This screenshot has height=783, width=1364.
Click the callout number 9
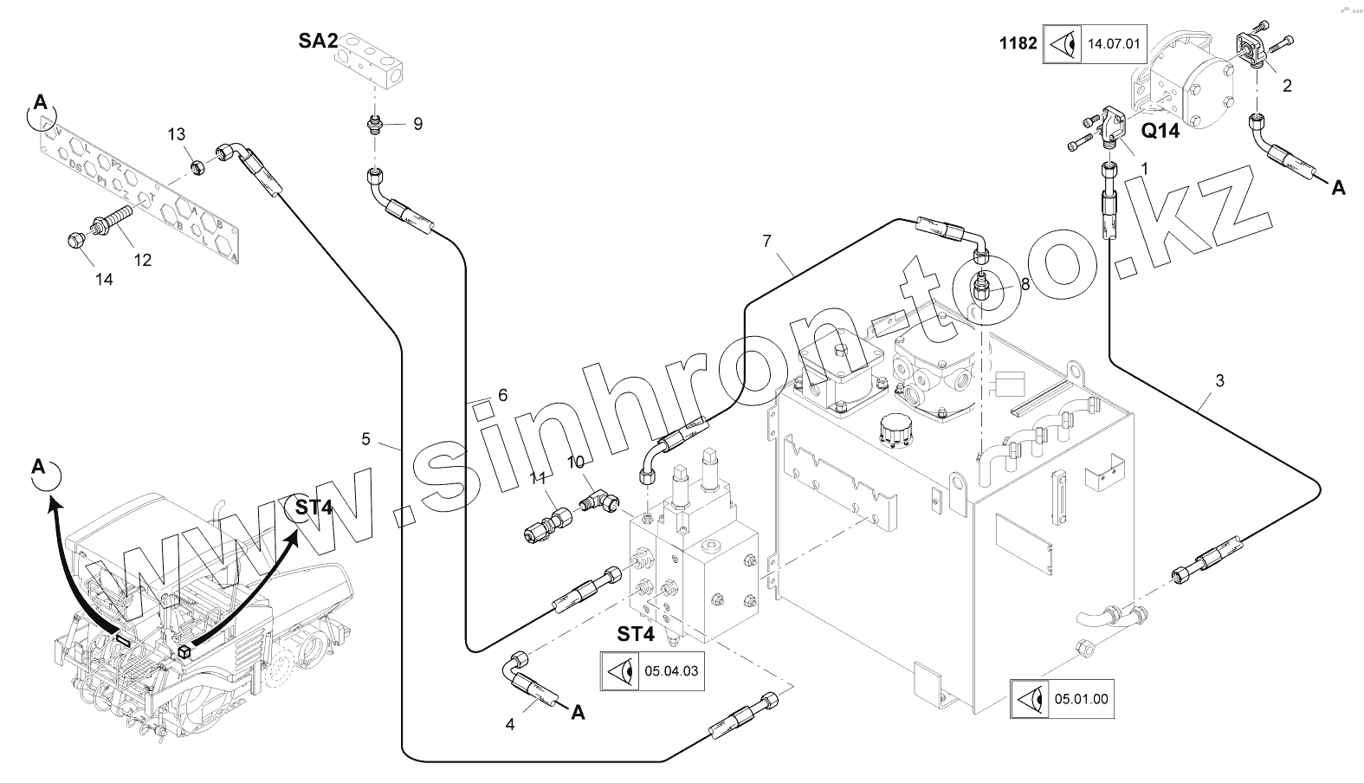(x=417, y=124)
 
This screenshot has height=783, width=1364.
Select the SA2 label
(x=318, y=41)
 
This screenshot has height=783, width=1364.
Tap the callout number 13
(x=176, y=134)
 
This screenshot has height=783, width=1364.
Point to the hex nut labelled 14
(x=76, y=240)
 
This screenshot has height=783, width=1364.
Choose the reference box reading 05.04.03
(x=652, y=671)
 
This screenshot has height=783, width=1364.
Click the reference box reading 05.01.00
(x=1062, y=699)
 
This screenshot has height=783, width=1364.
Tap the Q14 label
(x=1160, y=131)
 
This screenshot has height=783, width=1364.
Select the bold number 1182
(x=1018, y=42)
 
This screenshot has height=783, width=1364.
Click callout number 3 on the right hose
(x=1219, y=380)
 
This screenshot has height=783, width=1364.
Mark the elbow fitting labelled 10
(x=598, y=501)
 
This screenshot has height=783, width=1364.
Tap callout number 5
(x=365, y=439)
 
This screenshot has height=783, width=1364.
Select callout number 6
(x=502, y=395)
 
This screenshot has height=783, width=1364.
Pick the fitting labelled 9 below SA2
(x=374, y=126)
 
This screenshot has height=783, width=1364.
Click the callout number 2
(x=1287, y=85)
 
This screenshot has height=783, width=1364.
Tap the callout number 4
(x=510, y=724)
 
